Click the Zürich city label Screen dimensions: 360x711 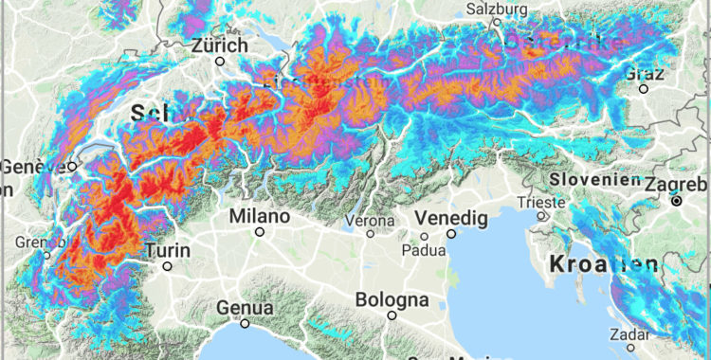pos(219,45)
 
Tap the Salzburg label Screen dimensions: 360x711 pos(496,9)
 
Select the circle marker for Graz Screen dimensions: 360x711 pos(644,89)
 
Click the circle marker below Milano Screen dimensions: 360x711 pos(260,231)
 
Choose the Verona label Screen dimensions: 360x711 pos(369,220)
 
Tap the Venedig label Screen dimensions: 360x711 pos(452,218)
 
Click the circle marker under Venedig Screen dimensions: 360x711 pos(452,233)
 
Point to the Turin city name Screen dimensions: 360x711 pos(168,251)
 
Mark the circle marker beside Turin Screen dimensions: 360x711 pos(168,266)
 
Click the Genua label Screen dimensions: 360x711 pos(245,308)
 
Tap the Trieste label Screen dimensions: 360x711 pos(541,201)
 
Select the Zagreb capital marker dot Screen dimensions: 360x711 pos(677,201)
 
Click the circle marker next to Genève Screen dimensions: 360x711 pos(72,167)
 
